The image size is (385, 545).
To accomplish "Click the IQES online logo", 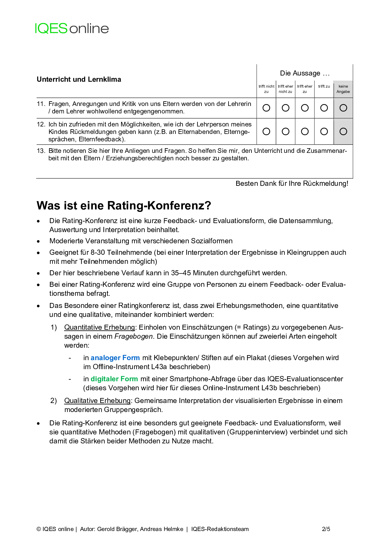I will [72, 29].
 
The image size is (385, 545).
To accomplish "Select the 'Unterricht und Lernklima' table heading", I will [79, 80].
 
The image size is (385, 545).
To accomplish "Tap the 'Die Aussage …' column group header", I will [305, 73].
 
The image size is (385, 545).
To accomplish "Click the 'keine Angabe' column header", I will [343, 89].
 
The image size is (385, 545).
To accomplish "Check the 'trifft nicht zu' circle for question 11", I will [266, 108].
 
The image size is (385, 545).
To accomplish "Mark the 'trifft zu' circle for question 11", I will [324, 108].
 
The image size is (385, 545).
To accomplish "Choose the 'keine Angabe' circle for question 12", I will [343, 131].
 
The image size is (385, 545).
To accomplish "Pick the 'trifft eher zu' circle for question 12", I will [305, 131].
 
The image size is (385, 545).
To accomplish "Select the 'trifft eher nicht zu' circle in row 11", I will [286, 108].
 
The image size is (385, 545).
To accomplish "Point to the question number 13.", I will [41, 151].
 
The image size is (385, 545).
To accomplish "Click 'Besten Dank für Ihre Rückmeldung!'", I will [292, 184].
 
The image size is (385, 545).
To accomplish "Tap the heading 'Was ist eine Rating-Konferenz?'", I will [124, 206].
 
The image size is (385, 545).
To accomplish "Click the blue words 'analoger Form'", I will [115, 358].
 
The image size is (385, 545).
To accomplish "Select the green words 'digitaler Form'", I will [114, 379].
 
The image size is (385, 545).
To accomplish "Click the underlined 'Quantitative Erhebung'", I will [100, 327].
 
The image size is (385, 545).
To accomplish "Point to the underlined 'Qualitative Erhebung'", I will [97, 401].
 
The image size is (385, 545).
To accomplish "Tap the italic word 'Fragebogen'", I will [134, 337].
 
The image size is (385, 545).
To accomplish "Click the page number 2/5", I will [326, 529].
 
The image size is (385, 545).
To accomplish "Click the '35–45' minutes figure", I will [181, 273].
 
